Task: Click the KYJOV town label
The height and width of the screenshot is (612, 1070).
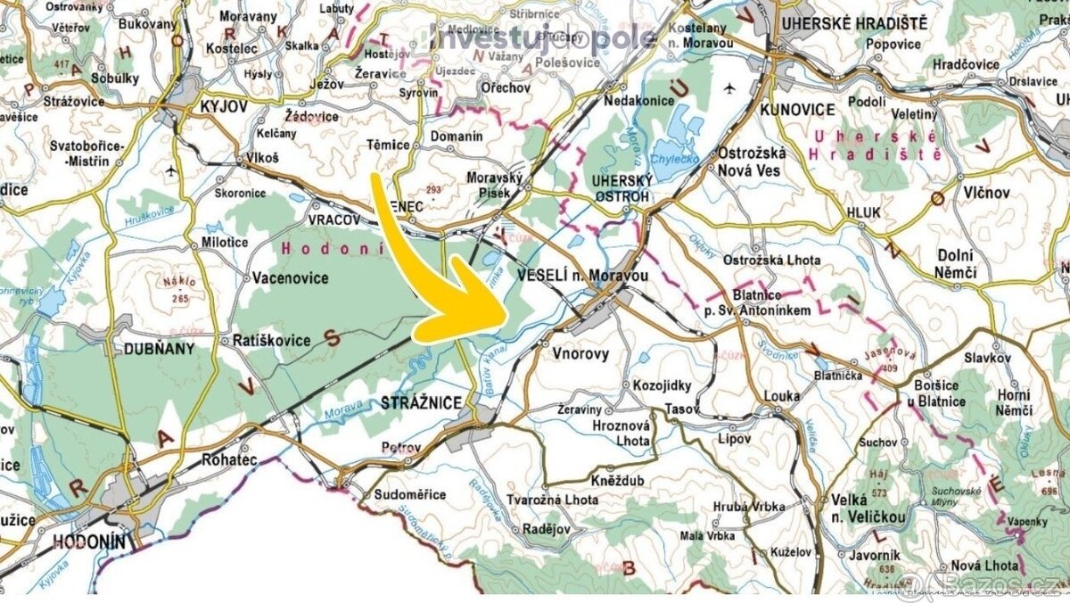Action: point(222,106)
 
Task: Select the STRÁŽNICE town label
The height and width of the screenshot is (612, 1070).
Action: point(422,402)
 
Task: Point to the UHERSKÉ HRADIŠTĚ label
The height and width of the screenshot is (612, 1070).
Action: point(852,23)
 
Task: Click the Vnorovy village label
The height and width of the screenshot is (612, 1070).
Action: point(580,354)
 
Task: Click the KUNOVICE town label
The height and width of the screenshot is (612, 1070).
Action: point(798,110)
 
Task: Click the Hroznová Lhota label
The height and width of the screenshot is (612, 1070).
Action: point(622,434)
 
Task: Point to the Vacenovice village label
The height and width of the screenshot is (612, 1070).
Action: point(291,278)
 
